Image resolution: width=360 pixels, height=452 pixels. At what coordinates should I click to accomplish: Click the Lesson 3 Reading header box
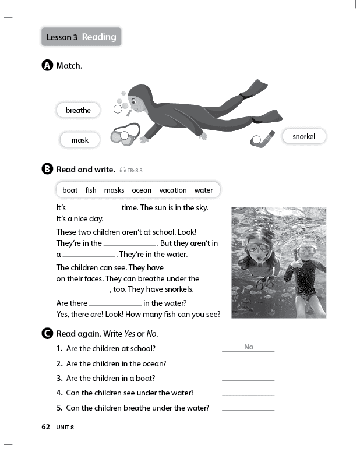coord(81,37)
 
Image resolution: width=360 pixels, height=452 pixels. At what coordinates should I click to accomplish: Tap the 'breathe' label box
coord(78,110)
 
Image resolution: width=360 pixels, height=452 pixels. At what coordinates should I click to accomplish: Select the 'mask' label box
coord(80,140)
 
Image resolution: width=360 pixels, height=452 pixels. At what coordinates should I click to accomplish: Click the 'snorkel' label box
coord(303,136)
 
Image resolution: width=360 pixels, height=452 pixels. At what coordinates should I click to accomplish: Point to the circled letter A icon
coord(48,66)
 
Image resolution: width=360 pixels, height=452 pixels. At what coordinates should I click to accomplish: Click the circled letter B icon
coord(48,169)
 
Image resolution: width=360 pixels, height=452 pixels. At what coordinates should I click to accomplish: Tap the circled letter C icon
coord(48,334)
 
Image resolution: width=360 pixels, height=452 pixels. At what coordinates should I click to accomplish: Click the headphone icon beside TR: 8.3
coord(122,170)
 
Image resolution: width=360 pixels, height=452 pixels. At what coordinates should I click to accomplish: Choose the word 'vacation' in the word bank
coord(173,190)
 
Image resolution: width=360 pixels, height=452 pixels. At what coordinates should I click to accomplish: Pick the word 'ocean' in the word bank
coord(142,190)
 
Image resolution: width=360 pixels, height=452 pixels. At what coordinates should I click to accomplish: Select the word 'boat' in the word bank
coord(70,190)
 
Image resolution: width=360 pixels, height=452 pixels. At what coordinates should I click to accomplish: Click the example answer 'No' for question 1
coord(249,347)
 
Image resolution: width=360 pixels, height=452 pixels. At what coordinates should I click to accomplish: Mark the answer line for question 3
coord(248,379)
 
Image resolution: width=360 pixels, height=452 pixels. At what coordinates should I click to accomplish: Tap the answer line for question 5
coord(248,409)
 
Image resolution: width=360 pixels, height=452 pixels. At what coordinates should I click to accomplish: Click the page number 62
coord(46,427)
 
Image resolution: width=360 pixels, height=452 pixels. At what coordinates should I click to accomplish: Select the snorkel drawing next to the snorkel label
coord(263,139)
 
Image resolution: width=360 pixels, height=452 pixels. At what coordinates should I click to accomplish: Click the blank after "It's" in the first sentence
coord(94,209)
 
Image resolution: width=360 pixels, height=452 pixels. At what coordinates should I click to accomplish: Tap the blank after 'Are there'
coord(115,304)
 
